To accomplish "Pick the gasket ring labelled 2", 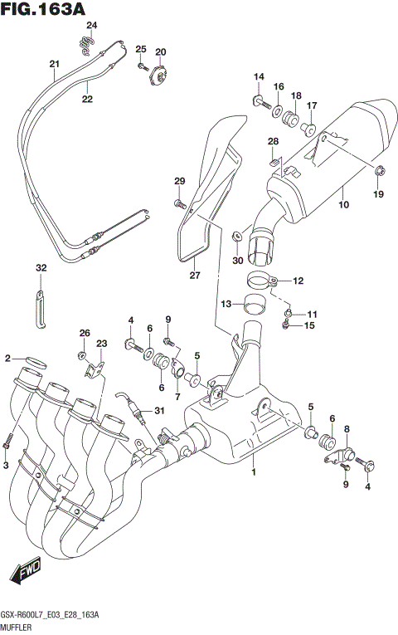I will tap(34, 361).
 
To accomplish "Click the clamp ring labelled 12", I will tap(260, 281).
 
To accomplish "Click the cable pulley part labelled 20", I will tap(158, 76).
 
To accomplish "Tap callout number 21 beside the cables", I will tap(54, 65).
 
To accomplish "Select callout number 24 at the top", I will tap(91, 25).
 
